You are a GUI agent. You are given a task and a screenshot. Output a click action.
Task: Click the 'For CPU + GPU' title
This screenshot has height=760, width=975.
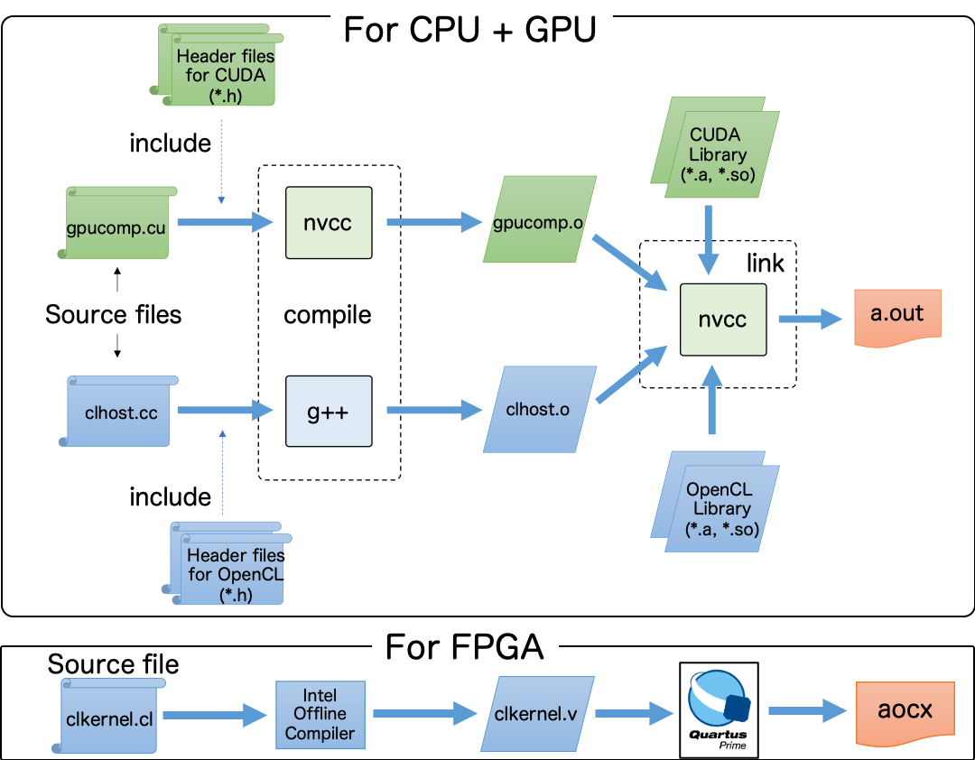click(x=469, y=30)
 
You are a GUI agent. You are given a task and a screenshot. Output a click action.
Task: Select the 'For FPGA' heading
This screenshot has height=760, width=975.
click(x=465, y=646)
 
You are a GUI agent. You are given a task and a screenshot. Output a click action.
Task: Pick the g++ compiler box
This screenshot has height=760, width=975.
click(x=329, y=412)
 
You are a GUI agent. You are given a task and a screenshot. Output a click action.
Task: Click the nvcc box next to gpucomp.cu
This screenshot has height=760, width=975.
click(x=329, y=223)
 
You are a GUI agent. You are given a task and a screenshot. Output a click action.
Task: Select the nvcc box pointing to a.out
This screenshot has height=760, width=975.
click(x=722, y=320)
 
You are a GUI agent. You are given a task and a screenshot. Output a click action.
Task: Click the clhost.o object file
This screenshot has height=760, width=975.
click(x=539, y=409)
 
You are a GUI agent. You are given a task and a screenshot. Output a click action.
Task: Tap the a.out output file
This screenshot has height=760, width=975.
click(x=896, y=316)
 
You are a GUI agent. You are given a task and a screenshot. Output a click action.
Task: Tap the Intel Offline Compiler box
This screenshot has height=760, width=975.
click(x=320, y=715)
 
